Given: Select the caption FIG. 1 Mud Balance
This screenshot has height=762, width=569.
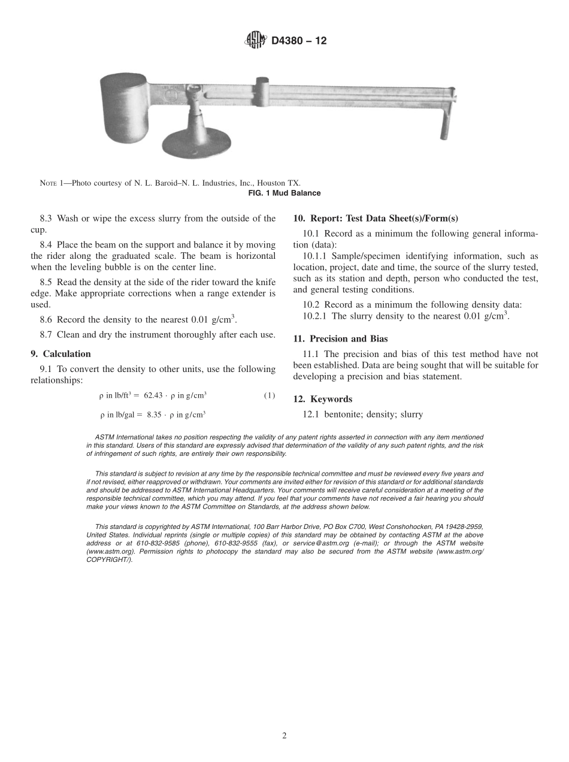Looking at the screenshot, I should point(284,193).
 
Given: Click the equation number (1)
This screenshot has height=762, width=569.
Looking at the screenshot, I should point(270,395).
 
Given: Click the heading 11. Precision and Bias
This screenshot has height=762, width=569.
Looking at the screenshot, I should point(340,339).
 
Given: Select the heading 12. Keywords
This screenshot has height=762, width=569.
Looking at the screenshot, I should point(323,399).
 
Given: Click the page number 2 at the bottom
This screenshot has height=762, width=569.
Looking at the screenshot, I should point(284,736).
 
